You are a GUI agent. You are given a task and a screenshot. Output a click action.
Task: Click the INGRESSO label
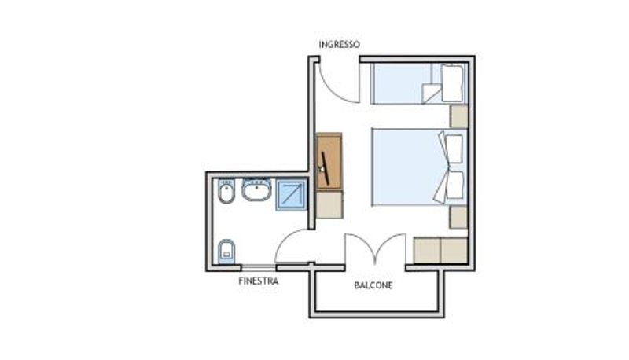click(339, 44)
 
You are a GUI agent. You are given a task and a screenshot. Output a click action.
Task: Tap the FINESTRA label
click(259, 281)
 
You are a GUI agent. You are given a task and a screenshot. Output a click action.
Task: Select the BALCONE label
click(373, 285)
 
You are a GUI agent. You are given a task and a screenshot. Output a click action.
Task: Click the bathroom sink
click(256, 189)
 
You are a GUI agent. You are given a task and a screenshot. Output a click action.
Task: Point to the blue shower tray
click(291, 195)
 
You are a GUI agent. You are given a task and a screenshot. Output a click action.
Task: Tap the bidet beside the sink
click(226, 191)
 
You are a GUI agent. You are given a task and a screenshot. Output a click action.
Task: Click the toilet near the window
click(226, 252)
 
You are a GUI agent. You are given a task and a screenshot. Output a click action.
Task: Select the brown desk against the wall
click(329, 162)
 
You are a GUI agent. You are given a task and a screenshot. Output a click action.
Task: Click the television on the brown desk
click(324, 168)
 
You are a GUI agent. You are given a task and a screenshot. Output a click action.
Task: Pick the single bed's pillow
click(452, 83)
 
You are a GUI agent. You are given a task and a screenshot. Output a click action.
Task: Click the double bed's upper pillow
click(454, 149)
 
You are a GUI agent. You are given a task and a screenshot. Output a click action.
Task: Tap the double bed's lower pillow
click(454, 185)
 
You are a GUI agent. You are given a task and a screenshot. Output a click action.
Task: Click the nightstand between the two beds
click(458, 116)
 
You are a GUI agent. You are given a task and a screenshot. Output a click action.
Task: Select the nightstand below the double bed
click(458, 217)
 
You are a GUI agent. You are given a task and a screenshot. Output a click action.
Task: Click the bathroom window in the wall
click(259, 267)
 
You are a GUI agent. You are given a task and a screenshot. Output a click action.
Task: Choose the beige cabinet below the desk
click(329, 204)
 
